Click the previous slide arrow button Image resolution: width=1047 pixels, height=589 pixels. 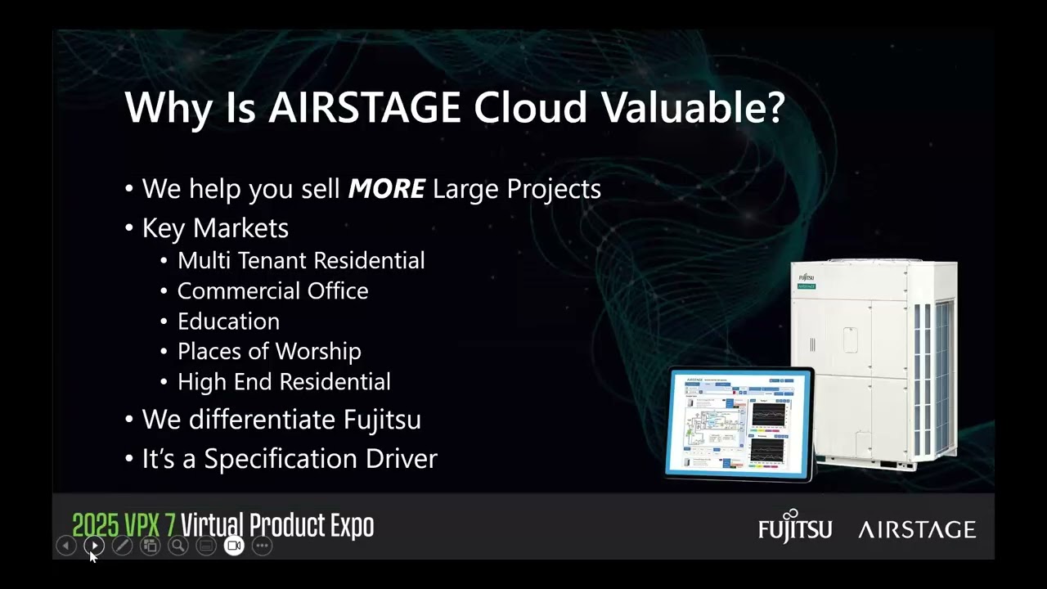66,546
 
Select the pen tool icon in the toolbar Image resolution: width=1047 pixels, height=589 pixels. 122,546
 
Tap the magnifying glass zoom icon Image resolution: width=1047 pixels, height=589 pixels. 177,546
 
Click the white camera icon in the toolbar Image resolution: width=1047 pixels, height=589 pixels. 234,546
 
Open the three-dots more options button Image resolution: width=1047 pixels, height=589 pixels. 262,546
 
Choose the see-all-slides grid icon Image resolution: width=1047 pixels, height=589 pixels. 150,546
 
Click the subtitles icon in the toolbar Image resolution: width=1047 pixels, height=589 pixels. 206,546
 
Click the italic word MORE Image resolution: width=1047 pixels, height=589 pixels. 386,189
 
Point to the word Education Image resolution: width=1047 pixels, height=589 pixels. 228,321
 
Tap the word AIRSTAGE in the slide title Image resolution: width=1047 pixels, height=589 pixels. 365,108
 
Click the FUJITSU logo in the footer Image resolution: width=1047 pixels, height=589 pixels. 794,528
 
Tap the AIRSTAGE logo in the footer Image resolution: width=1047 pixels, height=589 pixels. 917,530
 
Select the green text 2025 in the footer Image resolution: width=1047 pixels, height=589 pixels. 95,526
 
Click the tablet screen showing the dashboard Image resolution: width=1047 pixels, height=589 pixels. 741,423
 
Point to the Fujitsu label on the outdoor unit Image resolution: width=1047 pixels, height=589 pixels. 807,278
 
